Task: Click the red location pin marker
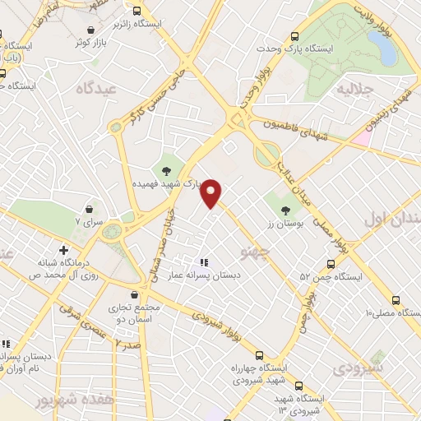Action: pos(212,192)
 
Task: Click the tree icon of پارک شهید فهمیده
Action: pos(167,171)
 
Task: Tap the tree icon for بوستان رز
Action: pos(286,210)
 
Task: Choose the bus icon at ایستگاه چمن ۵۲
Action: pos(330,265)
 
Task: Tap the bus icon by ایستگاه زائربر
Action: pos(136,12)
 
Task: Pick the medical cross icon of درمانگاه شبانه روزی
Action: pos(62,250)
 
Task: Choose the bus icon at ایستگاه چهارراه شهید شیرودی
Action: pos(260,355)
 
